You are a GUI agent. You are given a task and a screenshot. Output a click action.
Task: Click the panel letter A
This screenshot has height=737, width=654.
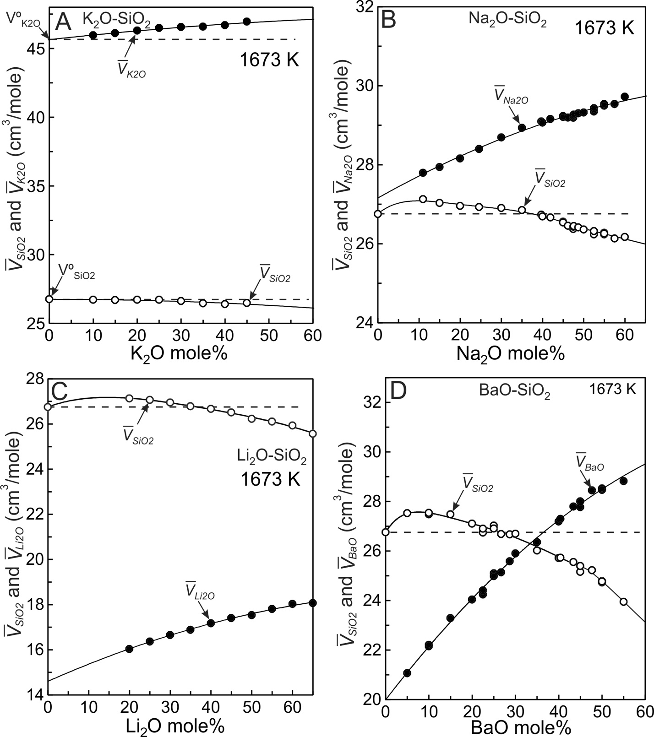64,22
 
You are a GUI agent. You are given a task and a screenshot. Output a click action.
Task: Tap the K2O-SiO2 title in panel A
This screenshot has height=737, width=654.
116,20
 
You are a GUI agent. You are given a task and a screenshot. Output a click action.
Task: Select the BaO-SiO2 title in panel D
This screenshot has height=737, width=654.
514,392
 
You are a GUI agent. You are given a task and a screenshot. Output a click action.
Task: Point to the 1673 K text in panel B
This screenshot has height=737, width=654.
604,28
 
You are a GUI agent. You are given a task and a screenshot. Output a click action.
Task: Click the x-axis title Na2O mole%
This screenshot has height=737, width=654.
510,354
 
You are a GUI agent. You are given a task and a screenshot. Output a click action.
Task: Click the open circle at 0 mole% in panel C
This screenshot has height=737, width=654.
48,407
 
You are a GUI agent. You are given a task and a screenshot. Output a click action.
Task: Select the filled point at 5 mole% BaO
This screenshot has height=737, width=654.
407,673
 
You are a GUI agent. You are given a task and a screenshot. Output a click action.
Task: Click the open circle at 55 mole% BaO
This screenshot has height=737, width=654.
623,602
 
